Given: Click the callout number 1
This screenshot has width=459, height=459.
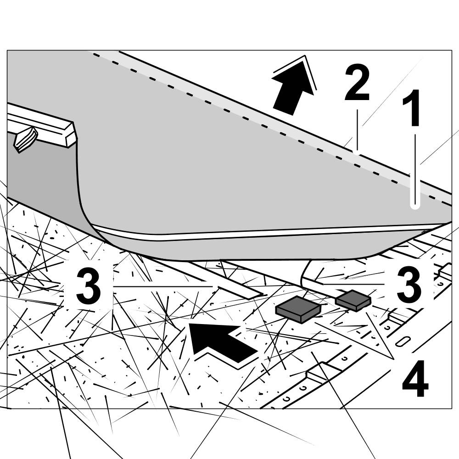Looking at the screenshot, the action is click(x=411, y=108).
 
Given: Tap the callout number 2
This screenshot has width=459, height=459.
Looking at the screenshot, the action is click(x=357, y=84).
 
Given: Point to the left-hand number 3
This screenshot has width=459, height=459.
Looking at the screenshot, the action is click(x=89, y=286).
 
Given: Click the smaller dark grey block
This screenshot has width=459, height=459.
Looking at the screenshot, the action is click(x=353, y=301).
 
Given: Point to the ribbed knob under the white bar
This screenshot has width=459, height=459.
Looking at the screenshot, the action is click(x=26, y=139).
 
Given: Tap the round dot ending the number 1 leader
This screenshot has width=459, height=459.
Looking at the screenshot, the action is click(x=415, y=206).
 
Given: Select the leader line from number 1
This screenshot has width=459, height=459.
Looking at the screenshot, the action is click(x=415, y=170).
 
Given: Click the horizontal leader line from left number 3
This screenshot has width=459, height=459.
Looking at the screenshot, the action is click(x=163, y=286).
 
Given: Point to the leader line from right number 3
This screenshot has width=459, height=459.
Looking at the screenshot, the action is click(x=353, y=285).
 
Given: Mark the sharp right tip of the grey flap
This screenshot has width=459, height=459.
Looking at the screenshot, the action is click(x=450, y=223).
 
